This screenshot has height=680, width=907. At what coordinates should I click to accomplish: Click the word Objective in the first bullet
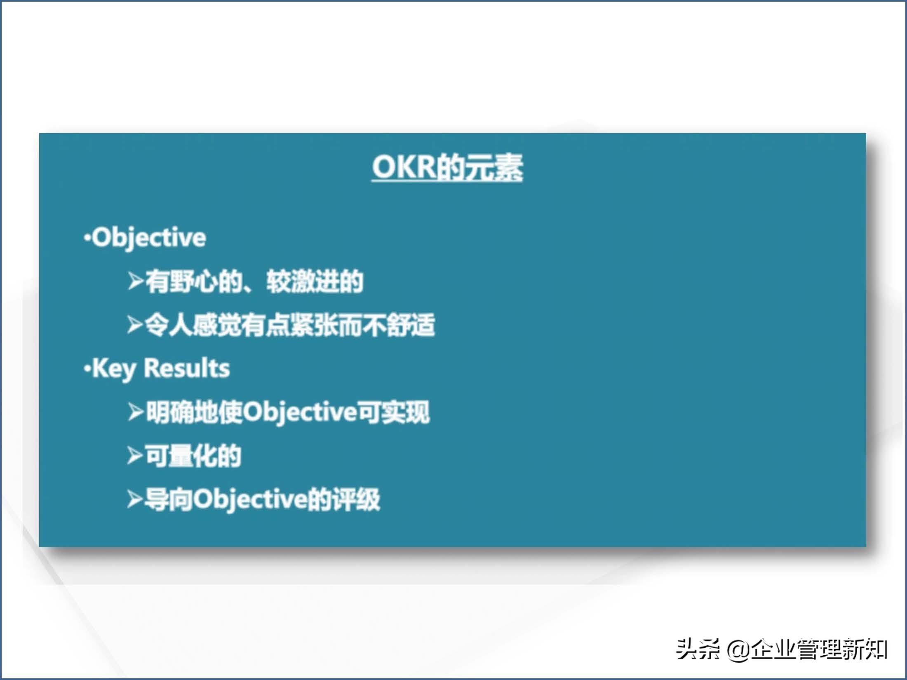tap(149, 238)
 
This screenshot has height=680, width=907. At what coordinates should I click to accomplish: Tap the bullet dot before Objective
tap(87, 238)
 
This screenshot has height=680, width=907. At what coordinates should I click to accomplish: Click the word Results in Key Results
tap(187, 368)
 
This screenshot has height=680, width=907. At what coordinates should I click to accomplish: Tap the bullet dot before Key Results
tap(87, 368)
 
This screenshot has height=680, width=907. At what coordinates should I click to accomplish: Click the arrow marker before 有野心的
tap(135, 281)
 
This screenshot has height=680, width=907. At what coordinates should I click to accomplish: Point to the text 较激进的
tap(315, 281)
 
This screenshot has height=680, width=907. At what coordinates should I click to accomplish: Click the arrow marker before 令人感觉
tap(135, 325)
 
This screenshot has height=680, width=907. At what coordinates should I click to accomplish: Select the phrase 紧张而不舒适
tap(362, 325)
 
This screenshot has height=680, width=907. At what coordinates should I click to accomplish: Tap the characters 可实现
tap(394, 412)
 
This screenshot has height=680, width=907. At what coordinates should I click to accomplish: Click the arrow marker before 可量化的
tap(135, 455)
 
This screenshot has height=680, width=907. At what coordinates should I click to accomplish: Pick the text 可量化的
tap(193, 456)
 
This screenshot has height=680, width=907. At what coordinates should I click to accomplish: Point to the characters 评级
tap(356, 499)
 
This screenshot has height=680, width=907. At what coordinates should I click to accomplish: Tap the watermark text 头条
tap(698, 649)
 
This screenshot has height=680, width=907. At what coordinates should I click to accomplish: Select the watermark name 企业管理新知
tap(818, 649)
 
